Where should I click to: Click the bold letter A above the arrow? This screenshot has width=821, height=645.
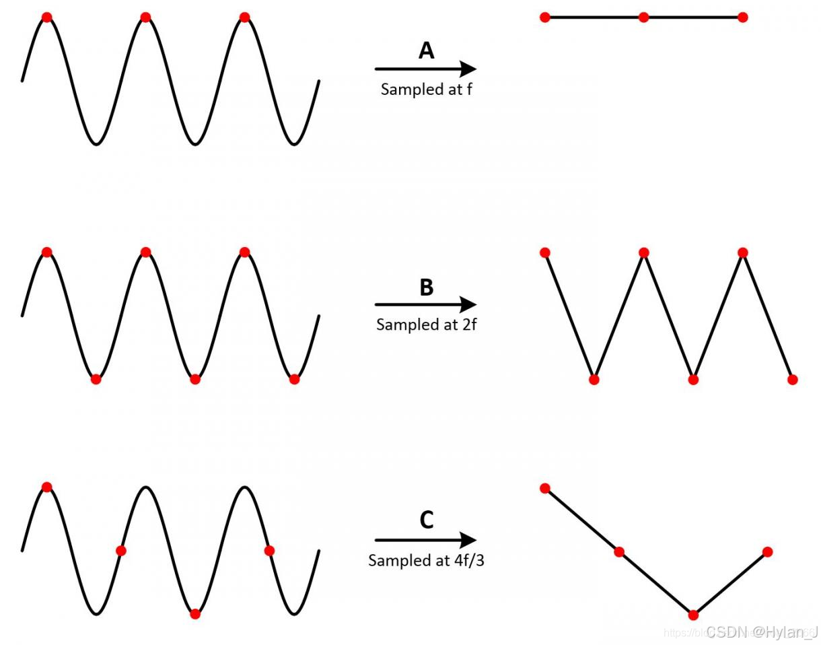426,50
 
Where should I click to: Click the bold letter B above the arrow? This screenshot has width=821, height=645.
426,287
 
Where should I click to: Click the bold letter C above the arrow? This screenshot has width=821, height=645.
426,520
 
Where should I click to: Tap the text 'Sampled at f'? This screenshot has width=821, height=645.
426,89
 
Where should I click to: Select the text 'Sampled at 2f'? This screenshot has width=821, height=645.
426,325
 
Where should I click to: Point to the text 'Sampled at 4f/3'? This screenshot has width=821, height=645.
426,560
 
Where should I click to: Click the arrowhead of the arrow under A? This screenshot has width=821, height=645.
468,69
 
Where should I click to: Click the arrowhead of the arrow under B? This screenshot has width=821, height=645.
468,304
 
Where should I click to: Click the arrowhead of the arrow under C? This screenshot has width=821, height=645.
468,540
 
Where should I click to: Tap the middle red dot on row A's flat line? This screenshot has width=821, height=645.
643,17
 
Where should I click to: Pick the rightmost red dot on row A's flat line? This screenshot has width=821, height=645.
742,17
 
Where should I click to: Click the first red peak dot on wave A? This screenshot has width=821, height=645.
46,17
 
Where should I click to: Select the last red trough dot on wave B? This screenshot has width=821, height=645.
294,379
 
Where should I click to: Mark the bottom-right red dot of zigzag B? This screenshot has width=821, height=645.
792,380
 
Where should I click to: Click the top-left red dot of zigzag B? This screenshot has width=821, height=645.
545,252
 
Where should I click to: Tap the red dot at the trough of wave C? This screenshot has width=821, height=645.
195,613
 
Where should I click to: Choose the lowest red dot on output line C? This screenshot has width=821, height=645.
693,615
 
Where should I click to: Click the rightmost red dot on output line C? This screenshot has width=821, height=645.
767,552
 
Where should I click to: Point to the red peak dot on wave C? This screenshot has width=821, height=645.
46,487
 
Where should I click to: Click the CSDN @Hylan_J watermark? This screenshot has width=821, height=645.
762,632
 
